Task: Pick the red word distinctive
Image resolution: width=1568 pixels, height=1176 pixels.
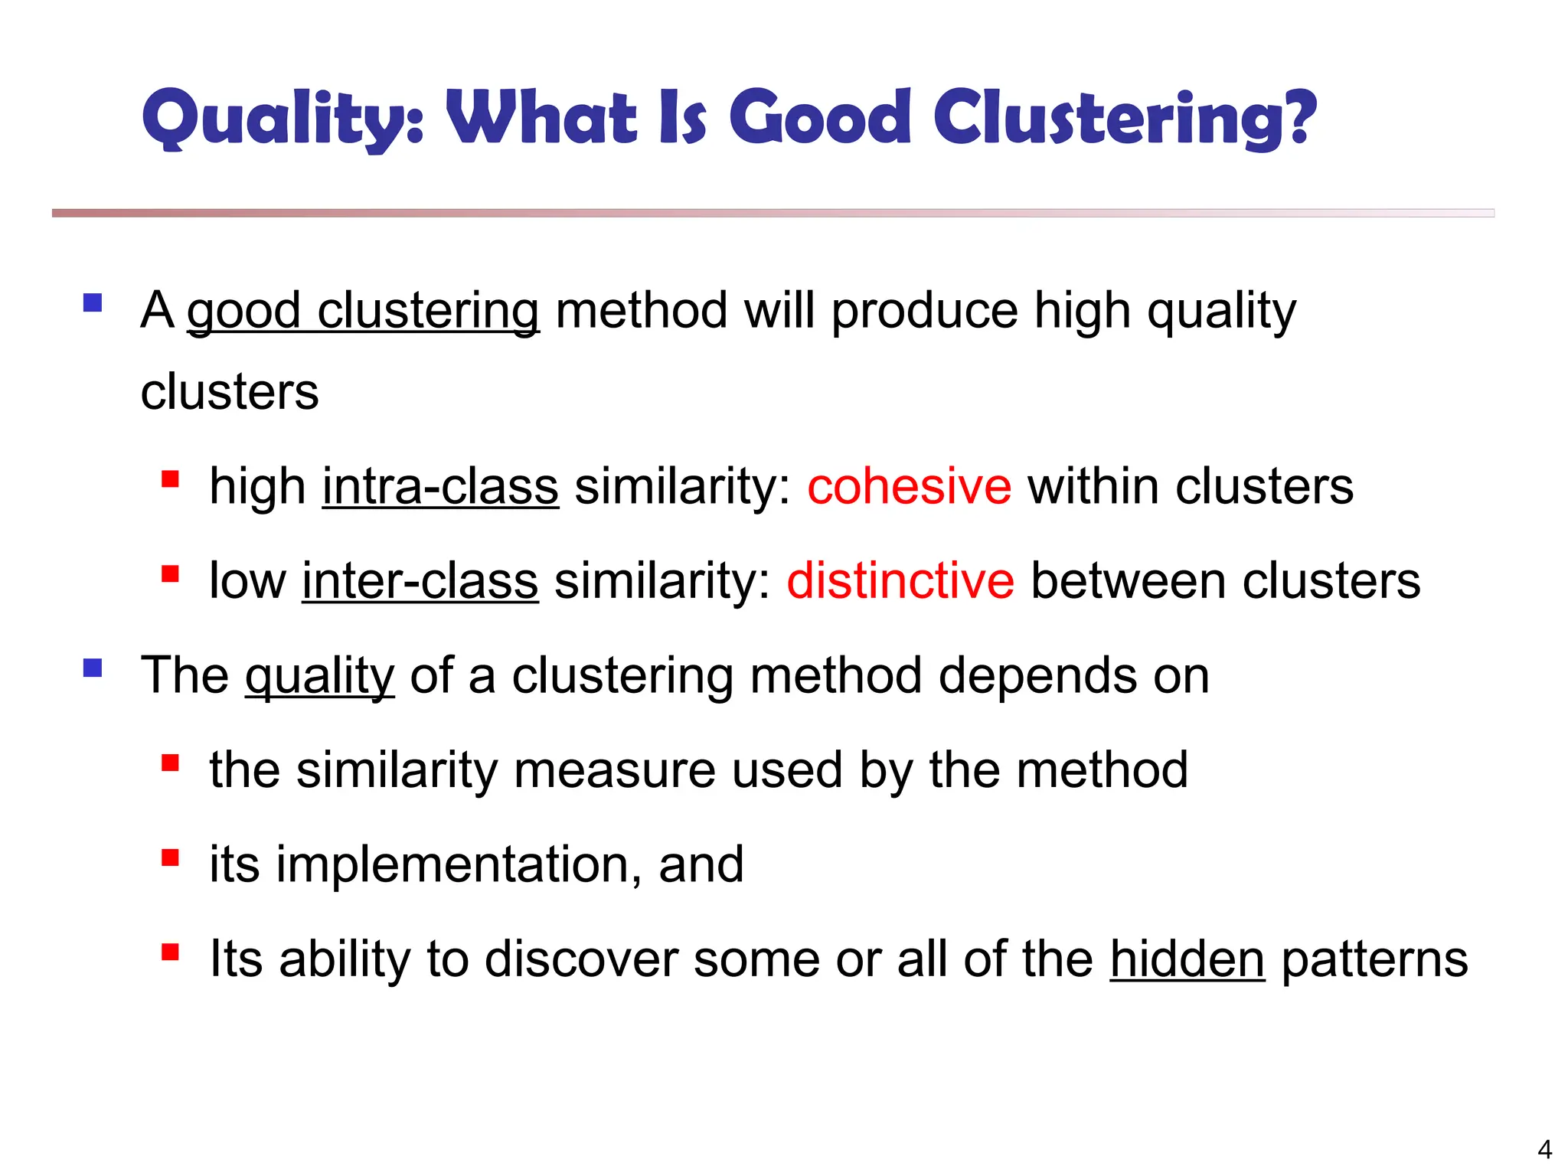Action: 900,580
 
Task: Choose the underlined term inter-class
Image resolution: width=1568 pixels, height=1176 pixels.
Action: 420,580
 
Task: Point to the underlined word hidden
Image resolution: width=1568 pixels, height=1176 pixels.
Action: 1187,959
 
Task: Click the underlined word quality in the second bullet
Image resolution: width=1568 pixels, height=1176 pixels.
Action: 319,676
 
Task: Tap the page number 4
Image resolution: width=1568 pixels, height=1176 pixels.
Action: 1544,1149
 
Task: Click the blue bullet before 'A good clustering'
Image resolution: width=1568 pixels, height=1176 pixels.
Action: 93,302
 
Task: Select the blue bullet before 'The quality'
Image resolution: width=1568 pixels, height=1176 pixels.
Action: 93,668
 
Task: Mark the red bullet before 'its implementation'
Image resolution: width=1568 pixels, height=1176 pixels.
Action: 170,857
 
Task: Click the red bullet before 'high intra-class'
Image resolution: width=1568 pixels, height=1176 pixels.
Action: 170,480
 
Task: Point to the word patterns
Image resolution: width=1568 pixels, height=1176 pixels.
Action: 1374,959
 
